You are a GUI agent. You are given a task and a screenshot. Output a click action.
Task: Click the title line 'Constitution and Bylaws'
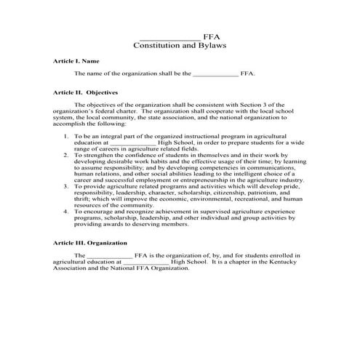pos(180,45)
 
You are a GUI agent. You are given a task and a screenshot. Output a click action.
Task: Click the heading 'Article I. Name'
pos(76,61)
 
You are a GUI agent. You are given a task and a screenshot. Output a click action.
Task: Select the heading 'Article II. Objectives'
pos(86,93)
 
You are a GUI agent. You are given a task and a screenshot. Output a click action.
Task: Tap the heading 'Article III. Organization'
pos(90,242)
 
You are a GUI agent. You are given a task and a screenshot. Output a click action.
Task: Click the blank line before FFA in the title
pos(169,36)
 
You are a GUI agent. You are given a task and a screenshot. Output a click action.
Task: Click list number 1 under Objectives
pos(67,136)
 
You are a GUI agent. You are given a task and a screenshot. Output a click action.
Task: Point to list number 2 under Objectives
pos(67,155)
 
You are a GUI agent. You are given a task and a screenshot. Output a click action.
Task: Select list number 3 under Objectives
pos(67,186)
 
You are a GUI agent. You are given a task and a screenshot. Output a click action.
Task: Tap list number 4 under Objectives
pos(67,212)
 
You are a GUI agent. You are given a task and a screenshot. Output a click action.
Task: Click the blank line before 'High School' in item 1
pos(135,143)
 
